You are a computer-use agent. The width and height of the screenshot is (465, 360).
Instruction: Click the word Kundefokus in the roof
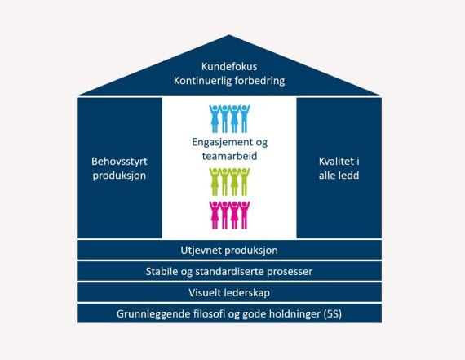pos(229,66)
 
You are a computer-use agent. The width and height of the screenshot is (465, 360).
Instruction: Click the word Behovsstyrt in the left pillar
pos(119,162)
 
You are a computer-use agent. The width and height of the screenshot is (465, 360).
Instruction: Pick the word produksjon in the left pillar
pos(119,176)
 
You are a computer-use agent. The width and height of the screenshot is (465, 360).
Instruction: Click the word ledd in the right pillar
pos(350,176)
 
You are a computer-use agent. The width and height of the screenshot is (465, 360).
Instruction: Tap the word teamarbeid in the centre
pos(229,156)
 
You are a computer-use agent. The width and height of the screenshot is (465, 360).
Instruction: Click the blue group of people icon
pos(229,118)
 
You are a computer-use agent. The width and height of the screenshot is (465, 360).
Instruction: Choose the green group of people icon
pos(229,181)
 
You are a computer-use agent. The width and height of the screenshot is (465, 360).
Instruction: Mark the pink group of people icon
pos(229,216)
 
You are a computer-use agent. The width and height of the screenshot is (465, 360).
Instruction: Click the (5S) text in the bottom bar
pos(333,314)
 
